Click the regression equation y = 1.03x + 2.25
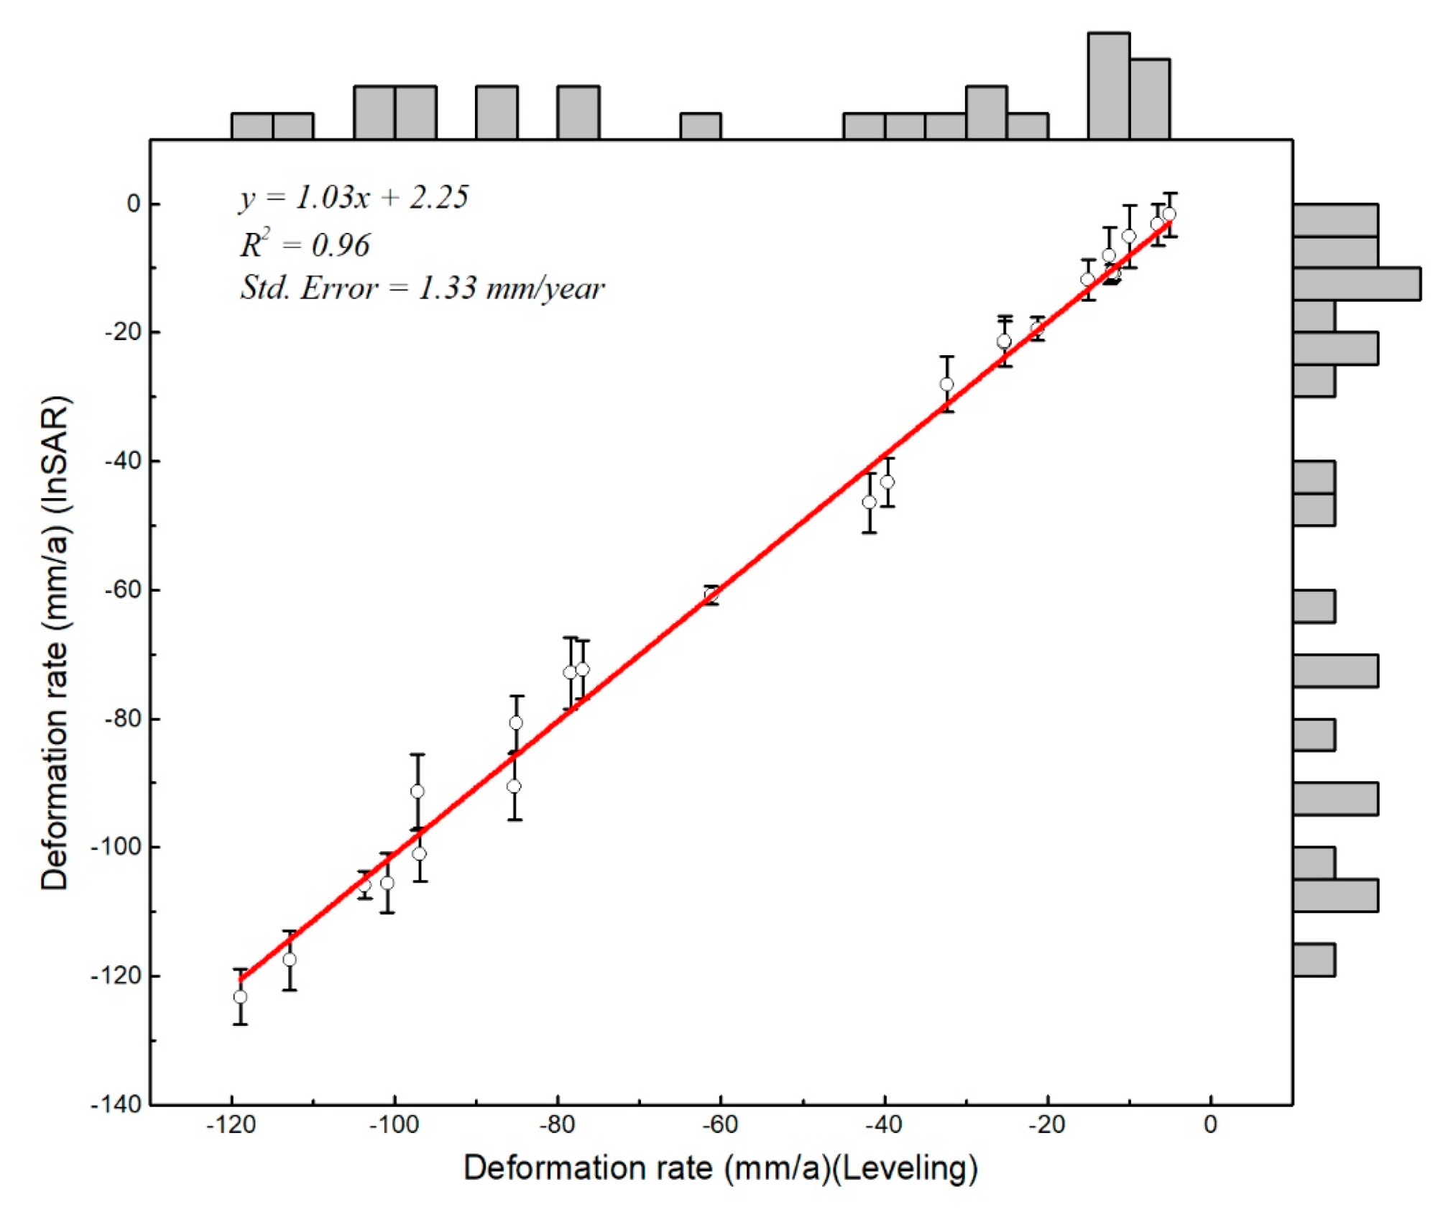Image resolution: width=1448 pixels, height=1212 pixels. click(354, 197)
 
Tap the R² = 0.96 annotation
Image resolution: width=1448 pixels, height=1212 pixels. click(305, 245)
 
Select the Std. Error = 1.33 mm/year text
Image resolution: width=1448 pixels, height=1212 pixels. click(423, 288)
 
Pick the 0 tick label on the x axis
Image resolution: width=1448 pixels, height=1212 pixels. click(1210, 1125)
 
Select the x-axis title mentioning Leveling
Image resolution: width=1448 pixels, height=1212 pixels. click(720, 1168)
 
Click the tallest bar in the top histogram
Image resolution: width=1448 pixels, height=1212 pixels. click(1108, 85)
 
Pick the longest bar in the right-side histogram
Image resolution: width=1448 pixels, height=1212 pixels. click(1356, 283)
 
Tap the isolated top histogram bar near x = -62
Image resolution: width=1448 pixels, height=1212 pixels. click(701, 126)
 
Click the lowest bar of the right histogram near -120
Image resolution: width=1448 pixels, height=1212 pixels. click(1314, 960)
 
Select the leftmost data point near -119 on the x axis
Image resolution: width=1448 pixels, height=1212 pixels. click(240, 996)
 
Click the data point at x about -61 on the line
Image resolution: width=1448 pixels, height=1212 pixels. click(711, 594)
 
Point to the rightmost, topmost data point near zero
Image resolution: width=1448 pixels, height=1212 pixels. click(1169, 214)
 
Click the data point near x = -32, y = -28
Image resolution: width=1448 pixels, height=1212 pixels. click(946, 385)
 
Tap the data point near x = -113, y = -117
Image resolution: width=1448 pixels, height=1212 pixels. click(289, 960)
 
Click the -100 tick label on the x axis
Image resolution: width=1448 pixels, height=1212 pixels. click(394, 1125)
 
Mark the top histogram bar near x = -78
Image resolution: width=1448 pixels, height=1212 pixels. click(578, 112)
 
